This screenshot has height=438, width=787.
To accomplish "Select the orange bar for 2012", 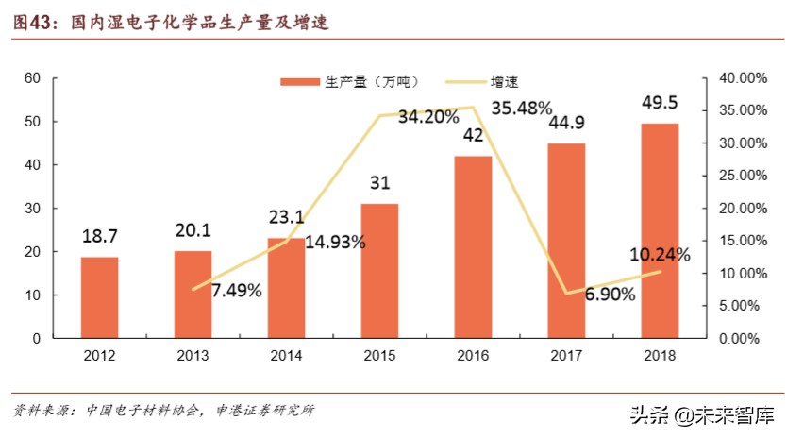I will pyautogui.click(x=99, y=297).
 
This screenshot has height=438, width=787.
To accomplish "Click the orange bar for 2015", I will pyautogui.click(x=379, y=271).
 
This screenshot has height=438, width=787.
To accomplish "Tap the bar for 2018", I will pyautogui.click(x=660, y=230).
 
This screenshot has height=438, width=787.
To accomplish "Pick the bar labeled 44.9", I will pyautogui.click(x=566, y=241).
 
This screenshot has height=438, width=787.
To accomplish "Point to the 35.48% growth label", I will pyautogui.click(x=528, y=108).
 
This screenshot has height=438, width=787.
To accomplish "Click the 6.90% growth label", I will pyautogui.click(x=610, y=294).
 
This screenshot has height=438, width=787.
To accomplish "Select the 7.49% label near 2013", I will pyautogui.click(x=236, y=290).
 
